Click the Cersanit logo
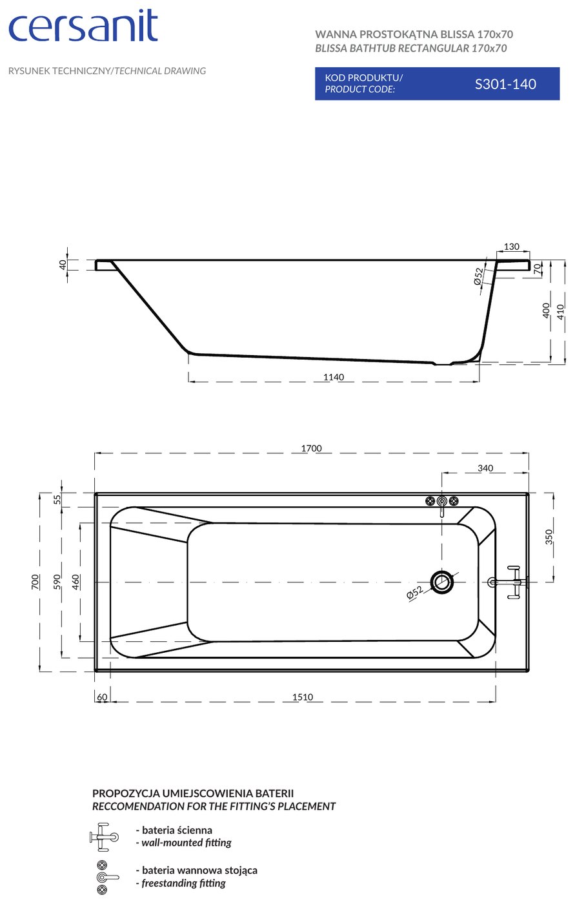coord(83,25)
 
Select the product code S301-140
coord(505,84)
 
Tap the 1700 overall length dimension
coord(311,448)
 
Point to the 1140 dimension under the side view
coord(334,377)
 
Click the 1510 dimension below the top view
coord(303,697)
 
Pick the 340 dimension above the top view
coord(485,468)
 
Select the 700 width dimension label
coord(35,582)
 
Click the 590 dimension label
coord(57,582)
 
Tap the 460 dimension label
coord(76,582)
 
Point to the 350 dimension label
coord(549,537)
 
